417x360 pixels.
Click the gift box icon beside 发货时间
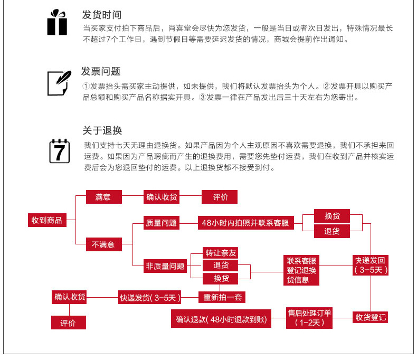(x=57, y=22)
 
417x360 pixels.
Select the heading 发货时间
(x=101, y=15)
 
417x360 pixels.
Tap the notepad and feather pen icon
(x=59, y=83)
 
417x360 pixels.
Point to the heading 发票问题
(x=101, y=71)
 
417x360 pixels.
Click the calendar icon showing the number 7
(x=60, y=151)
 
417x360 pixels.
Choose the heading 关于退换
(x=102, y=130)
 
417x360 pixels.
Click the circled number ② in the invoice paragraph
(x=326, y=86)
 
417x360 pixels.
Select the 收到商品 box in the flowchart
(x=47, y=220)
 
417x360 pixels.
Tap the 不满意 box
(x=103, y=244)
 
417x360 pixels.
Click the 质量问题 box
(x=161, y=223)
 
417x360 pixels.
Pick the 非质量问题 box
(x=165, y=266)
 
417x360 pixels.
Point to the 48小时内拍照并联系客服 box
(x=246, y=223)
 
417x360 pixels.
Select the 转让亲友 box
(x=220, y=253)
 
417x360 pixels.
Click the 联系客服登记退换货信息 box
(x=301, y=270)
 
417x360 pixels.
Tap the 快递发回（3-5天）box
(x=371, y=265)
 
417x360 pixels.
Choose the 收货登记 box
(x=370, y=317)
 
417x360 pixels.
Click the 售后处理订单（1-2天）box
(x=309, y=318)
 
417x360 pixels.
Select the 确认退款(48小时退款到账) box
(x=221, y=318)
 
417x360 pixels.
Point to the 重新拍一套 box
(x=222, y=297)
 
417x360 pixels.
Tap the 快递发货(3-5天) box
(x=149, y=297)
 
